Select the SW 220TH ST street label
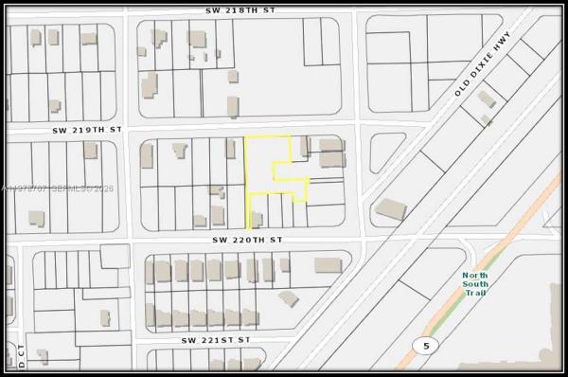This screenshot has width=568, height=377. [247, 241]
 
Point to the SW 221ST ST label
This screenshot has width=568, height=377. [216, 339]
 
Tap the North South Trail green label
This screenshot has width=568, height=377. [475, 284]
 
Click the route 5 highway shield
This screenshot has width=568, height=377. [426, 346]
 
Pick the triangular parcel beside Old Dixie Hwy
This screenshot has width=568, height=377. [384, 152]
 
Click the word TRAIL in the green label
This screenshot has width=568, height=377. [475, 294]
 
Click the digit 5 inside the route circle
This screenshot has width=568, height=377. [426, 346]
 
